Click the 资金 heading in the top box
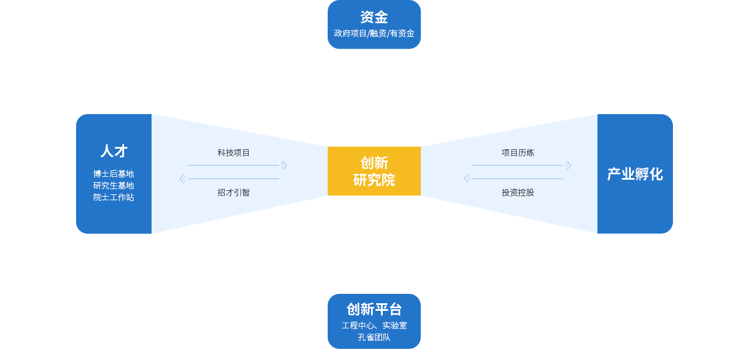pyautogui.click(x=374, y=17)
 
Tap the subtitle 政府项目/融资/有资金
pyautogui.click(x=374, y=33)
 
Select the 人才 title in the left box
pyautogui.click(x=114, y=151)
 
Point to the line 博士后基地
pyautogui.click(x=114, y=174)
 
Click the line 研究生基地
pyautogui.click(x=114, y=186)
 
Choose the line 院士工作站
pyautogui.click(x=114, y=197)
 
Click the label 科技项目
pyautogui.click(x=233, y=153)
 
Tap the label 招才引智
pyautogui.click(x=233, y=192)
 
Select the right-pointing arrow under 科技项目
pyautogui.click(x=283, y=166)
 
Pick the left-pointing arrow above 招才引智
pyautogui.click(x=183, y=179)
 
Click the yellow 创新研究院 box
pyautogui.click(x=374, y=171)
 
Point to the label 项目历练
pyautogui.click(x=517, y=153)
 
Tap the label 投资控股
pyautogui.click(x=517, y=192)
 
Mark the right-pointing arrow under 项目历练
pyautogui.click(x=568, y=166)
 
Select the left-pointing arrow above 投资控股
pyautogui.click(x=467, y=179)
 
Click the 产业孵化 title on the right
pyautogui.click(x=635, y=174)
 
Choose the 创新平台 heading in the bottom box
pyautogui.click(x=374, y=309)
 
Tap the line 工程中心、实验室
pyautogui.click(x=374, y=325)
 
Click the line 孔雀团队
pyautogui.click(x=374, y=337)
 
